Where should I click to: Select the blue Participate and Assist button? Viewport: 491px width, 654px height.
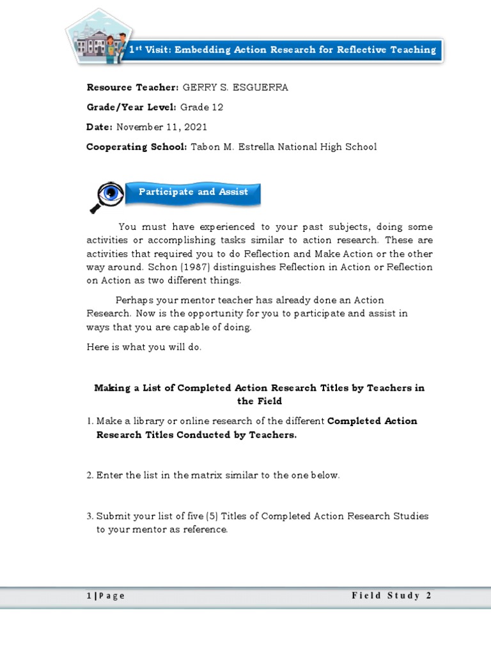click(x=193, y=192)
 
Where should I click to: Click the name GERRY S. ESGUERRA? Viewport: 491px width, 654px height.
click(x=235, y=87)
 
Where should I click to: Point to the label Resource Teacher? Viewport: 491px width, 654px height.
click(x=133, y=87)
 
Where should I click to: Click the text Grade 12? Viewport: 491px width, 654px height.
click(x=202, y=107)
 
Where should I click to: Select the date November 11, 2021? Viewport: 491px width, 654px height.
click(x=161, y=127)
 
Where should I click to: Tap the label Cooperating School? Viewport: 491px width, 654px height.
click(x=137, y=147)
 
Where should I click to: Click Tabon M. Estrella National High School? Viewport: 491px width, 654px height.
click(x=284, y=147)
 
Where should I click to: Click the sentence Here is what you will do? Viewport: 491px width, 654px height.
click(x=144, y=347)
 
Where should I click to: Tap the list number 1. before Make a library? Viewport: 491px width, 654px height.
click(x=90, y=422)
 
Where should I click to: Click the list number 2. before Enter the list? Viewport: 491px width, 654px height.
click(x=90, y=475)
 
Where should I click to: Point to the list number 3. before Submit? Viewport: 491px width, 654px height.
click(x=90, y=516)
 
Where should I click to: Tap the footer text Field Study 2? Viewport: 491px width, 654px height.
click(x=391, y=596)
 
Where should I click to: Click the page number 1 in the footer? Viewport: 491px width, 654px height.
click(x=89, y=596)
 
